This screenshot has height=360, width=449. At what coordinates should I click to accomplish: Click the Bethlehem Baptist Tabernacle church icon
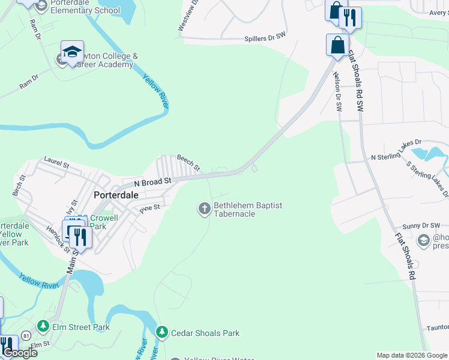[x=204, y=209]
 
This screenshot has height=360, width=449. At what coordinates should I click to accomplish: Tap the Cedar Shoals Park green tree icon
[x=161, y=332]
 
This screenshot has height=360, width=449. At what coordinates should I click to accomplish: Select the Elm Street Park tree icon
[x=43, y=326]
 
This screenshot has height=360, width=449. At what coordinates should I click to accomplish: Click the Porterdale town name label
[x=116, y=195]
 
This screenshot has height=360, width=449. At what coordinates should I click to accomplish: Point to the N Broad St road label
[x=152, y=180]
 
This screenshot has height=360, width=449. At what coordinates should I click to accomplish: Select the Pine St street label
[x=149, y=208]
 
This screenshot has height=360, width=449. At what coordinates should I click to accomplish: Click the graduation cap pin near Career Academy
[x=72, y=52]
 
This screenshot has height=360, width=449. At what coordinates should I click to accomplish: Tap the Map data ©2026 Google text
[x=411, y=355]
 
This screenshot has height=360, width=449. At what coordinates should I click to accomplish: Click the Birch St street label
[x=19, y=186]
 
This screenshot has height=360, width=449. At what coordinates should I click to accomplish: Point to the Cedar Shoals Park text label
[x=205, y=333]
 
